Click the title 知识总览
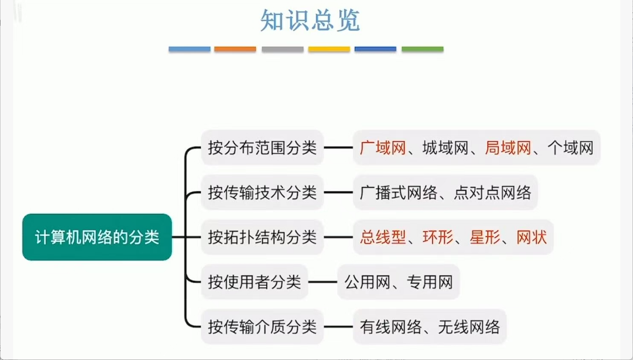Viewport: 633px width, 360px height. coord(310,20)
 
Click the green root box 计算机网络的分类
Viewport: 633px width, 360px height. coord(97,237)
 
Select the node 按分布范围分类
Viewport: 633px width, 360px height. coord(262,148)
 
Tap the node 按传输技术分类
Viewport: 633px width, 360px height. coord(262,193)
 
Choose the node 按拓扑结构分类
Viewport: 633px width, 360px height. coord(262,237)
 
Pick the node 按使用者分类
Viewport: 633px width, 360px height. coord(254,282)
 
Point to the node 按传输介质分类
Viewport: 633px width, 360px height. coord(262,327)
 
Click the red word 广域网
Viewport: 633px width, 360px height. coord(383,148)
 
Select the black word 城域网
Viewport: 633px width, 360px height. coord(445,148)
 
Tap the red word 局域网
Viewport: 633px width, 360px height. coord(508,148)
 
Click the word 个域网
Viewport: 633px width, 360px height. coord(570,148)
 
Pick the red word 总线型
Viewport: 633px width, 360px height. coord(383,237)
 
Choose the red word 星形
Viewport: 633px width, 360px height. coord(485,237)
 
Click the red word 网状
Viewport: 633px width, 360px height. coord(531,237)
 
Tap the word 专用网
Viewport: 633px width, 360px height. coord(430,282)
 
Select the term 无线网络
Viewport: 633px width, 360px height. coord(469,327)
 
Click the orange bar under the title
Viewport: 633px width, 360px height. coord(235,49)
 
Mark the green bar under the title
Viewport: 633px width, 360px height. coord(422,49)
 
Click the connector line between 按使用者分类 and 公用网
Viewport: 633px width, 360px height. coord(322,282)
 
